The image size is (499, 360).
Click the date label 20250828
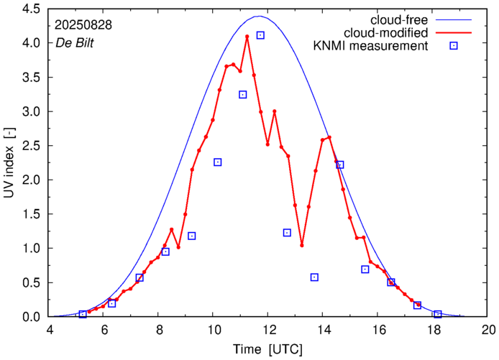[x=83, y=26]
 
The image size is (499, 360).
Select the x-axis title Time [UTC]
[x=269, y=349]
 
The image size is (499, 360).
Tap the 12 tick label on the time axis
[x=269, y=331]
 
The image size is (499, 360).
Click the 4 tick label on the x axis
[x=50, y=331]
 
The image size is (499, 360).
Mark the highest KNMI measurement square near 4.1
[x=260, y=35]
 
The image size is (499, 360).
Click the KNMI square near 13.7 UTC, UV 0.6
[x=314, y=277]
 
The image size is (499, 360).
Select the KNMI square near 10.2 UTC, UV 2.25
[x=217, y=162]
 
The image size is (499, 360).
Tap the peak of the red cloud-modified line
[x=247, y=36]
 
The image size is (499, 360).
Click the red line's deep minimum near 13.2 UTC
[x=302, y=245]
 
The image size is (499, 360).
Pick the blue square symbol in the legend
[x=454, y=47]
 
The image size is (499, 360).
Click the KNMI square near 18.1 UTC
[x=437, y=314]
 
